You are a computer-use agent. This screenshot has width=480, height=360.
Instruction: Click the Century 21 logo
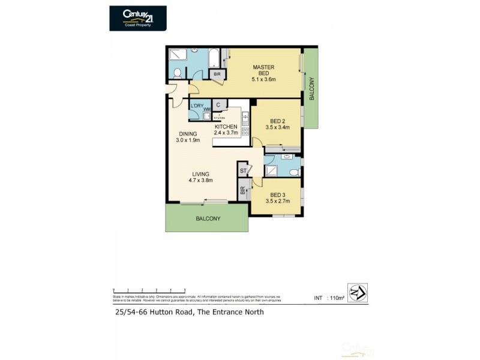137,18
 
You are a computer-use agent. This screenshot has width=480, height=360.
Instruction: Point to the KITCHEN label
226,130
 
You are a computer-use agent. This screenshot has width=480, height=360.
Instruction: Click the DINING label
187,137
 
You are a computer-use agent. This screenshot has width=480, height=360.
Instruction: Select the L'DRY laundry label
196,106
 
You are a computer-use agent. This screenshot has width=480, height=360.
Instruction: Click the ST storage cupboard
243,171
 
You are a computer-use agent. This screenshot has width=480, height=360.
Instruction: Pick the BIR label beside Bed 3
242,191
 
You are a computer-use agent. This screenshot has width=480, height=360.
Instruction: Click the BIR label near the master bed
217,74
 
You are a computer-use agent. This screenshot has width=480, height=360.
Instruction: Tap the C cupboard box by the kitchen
219,105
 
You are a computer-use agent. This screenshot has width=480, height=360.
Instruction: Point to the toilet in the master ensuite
177,73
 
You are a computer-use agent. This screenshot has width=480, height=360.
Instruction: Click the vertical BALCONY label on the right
311,88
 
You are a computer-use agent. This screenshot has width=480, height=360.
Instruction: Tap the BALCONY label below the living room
208,219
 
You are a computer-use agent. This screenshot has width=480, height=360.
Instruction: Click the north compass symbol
357,293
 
